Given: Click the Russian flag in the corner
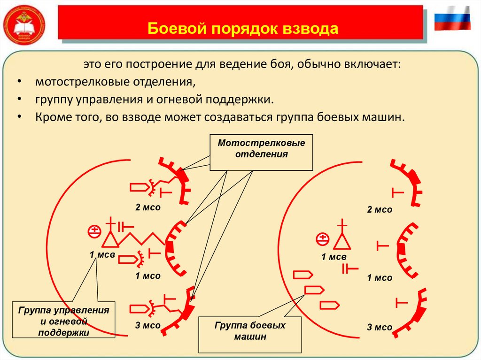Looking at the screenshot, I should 452,19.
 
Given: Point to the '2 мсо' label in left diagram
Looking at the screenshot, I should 148,207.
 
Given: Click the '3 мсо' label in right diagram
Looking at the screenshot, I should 380,327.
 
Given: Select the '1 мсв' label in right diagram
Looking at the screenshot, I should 334,257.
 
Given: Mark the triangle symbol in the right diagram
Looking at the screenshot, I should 341,242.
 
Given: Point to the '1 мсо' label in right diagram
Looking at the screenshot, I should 380,278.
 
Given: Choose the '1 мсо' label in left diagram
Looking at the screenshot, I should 148,276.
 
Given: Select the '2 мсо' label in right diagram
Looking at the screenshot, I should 380,209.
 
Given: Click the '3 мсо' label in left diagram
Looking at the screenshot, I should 148,325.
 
